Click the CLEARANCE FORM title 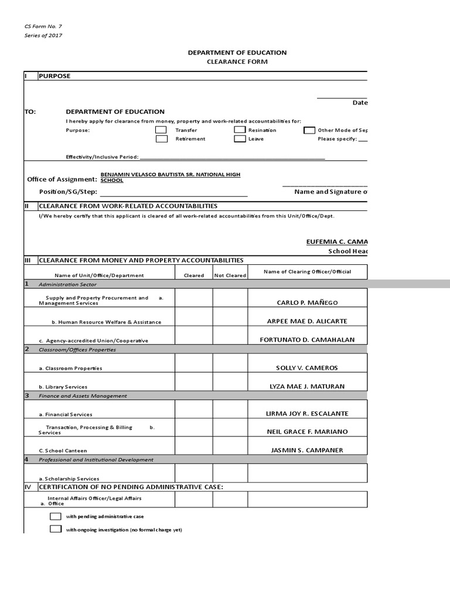click(237, 62)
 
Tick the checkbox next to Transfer click(161, 130)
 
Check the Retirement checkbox click(161, 139)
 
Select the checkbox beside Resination click(240, 130)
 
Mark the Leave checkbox click(240, 139)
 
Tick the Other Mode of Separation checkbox click(309, 130)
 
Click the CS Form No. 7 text click(42, 27)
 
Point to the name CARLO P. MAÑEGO click(308, 303)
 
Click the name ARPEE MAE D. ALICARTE click(308, 321)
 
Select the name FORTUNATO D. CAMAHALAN click(308, 340)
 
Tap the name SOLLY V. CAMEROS click(308, 368)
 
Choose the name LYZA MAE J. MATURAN click(308, 386)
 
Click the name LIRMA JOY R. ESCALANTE click(308, 414)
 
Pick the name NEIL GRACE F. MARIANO click(308, 432)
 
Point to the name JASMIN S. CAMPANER click(308, 450)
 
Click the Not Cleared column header click(230, 275)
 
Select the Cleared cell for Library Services click(193, 381)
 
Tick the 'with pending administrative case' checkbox click(56, 517)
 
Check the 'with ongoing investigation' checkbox click(56, 529)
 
